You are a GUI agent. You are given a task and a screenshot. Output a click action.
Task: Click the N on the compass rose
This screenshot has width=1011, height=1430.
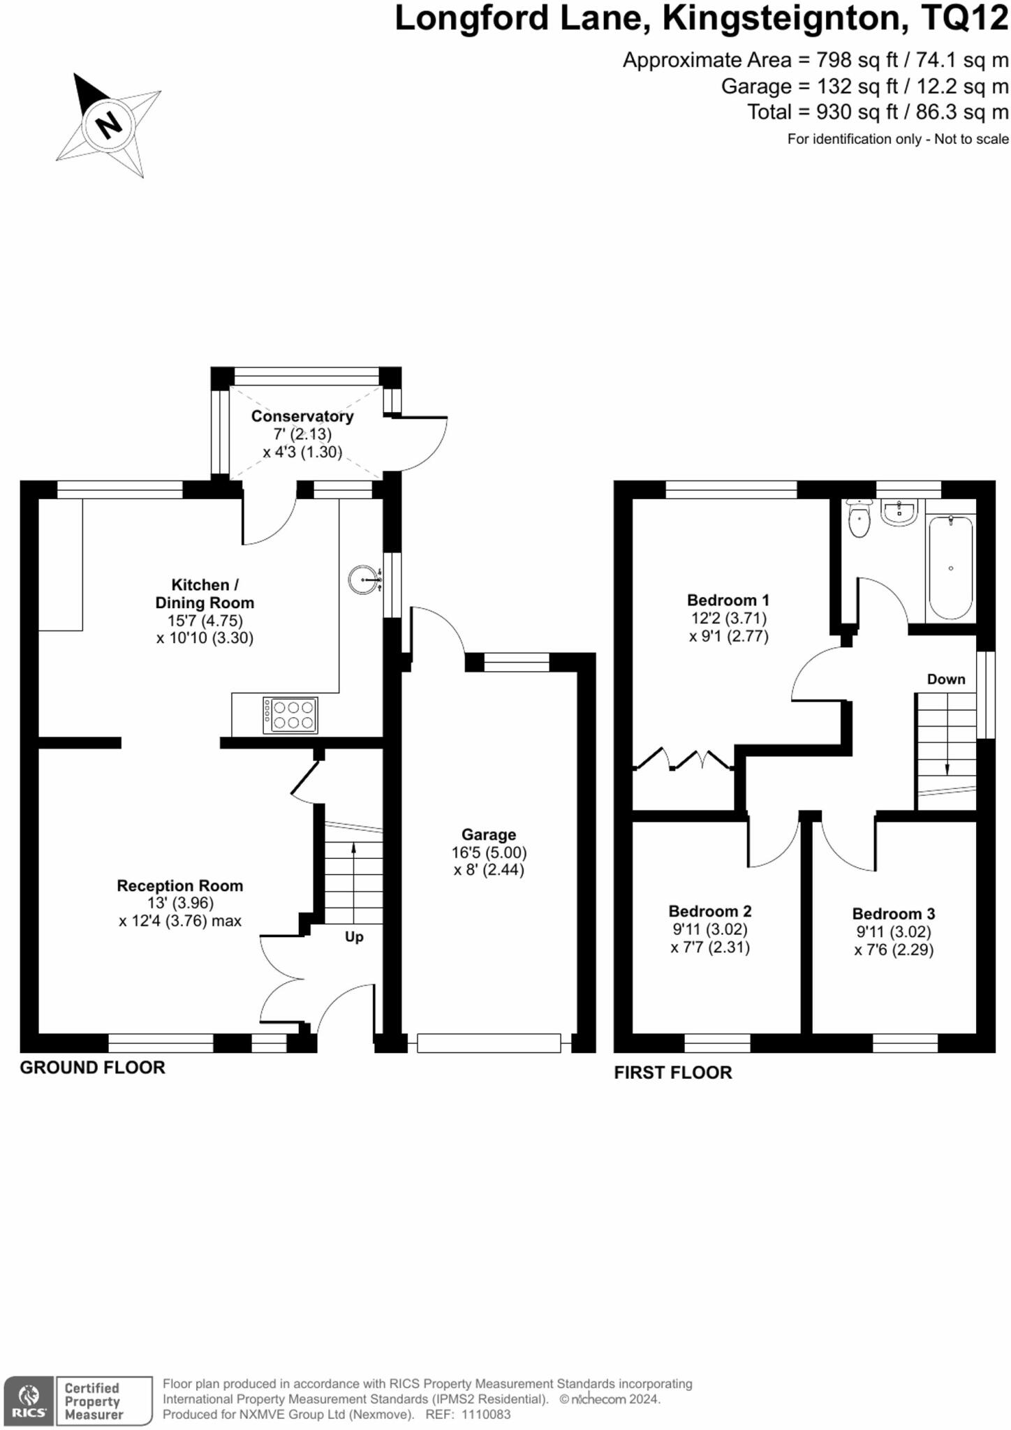(x=108, y=126)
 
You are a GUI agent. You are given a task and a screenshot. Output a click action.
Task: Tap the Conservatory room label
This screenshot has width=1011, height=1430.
(x=302, y=416)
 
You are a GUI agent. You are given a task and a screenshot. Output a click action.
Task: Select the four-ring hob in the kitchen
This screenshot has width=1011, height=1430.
(x=290, y=715)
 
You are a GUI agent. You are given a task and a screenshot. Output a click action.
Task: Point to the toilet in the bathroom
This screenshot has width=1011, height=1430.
(x=859, y=518)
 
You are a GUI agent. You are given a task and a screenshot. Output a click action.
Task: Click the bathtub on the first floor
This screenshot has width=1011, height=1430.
(x=951, y=568)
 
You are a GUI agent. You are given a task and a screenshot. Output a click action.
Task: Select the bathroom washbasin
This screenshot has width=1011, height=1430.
(x=899, y=513)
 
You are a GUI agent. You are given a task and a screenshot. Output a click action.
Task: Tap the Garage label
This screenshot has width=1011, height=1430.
(x=489, y=834)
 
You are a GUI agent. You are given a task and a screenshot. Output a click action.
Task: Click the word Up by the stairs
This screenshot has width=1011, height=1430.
(x=354, y=937)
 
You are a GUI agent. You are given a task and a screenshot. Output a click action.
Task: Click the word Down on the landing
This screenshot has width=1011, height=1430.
(x=946, y=679)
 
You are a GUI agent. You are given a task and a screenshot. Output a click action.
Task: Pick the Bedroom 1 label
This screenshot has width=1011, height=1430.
(x=728, y=600)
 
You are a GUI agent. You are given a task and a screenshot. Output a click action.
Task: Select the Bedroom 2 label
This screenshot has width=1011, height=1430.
(x=710, y=911)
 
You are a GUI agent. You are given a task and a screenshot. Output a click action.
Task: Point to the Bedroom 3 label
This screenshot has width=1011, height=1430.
(x=894, y=914)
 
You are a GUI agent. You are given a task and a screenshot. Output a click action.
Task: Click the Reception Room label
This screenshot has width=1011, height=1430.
(x=180, y=885)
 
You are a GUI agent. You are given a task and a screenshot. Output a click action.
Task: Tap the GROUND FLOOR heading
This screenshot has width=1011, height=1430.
(x=92, y=1067)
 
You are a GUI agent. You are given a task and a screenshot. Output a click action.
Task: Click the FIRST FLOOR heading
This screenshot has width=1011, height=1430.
(x=673, y=1072)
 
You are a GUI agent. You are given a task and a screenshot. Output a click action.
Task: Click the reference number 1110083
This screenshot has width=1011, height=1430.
(x=486, y=1415)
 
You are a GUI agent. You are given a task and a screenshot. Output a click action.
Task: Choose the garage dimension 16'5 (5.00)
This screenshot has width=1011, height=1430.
(x=489, y=853)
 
